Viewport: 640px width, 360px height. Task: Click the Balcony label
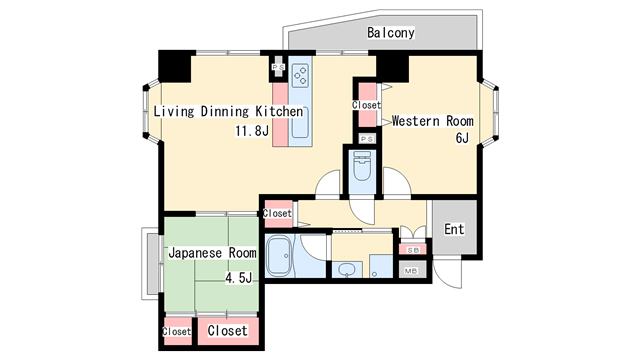[x=391, y=33]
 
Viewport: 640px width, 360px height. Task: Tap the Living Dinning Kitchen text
[x=228, y=111]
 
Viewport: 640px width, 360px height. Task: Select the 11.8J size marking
[x=252, y=131]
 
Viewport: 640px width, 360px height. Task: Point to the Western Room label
[x=433, y=121]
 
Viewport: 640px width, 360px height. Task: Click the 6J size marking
[x=462, y=138]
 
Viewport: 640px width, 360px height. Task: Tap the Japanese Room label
[x=212, y=253]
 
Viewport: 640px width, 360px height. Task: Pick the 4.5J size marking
[x=239, y=278]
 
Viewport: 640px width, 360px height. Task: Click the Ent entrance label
[x=454, y=229]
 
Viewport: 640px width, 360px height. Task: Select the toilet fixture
[x=362, y=166]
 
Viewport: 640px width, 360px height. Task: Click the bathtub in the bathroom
[x=279, y=256]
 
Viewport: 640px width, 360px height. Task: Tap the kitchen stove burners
[x=301, y=75]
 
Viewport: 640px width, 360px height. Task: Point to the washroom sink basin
[x=348, y=269]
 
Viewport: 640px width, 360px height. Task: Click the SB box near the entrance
[x=413, y=250]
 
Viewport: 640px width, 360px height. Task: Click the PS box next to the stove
[x=279, y=67]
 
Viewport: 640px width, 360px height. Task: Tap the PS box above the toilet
[x=367, y=139]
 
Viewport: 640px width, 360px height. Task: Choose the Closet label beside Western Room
[x=367, y=105]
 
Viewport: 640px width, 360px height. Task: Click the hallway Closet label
[x=277, y=213]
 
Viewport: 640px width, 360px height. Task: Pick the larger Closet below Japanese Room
[x=228, y=331]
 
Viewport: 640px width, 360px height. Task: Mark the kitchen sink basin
[x=300, y=122]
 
